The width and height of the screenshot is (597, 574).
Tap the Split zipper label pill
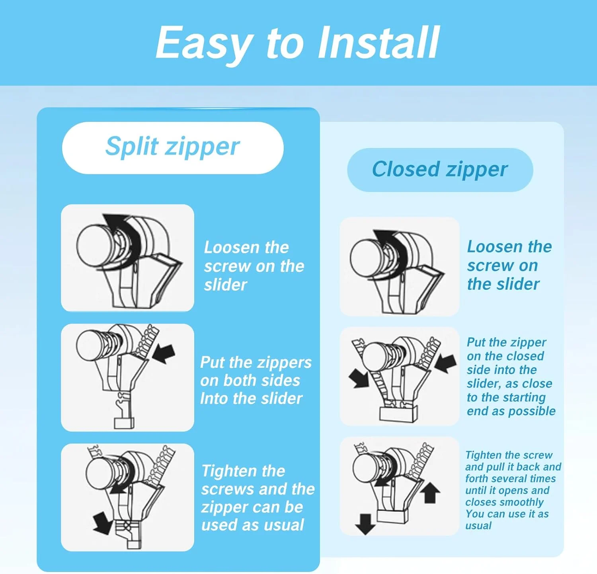click(173, 148)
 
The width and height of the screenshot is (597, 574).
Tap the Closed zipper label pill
click(440, 170)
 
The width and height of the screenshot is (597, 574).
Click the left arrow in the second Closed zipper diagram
click(359, 378)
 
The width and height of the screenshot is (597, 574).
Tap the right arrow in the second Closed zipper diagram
click(446, 363)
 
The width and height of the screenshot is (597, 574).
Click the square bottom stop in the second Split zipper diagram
click(125, 423)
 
